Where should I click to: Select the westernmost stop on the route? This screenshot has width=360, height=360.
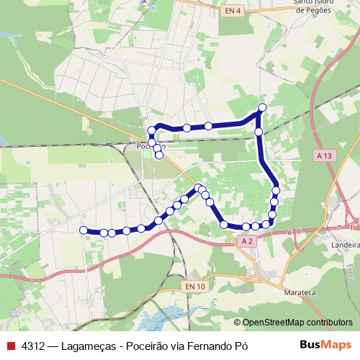84,230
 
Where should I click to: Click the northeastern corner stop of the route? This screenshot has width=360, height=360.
262,107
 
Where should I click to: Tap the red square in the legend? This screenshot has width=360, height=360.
11,346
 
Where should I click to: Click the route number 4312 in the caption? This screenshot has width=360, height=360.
35,346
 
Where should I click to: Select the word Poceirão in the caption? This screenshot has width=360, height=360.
152,346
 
